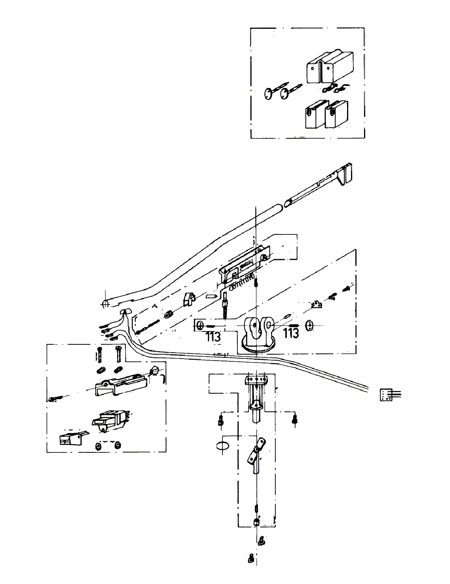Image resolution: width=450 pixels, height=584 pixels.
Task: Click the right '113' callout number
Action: coord(291,333)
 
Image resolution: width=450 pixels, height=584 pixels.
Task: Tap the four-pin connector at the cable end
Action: coord(386,394)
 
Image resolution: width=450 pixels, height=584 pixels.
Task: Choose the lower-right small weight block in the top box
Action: coord(336,113)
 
